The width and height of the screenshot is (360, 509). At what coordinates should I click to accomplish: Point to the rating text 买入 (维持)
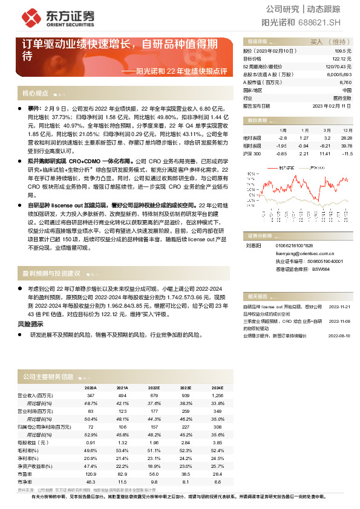click(x=327, y=42)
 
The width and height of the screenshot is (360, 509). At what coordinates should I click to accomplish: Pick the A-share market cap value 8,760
click(x=345, y=82)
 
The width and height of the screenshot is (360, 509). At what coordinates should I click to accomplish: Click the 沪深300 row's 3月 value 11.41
click(x=325, y=154)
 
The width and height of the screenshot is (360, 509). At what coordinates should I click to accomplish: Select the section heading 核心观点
click(x=35, y=94)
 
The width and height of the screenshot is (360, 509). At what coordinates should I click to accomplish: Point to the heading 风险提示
click(x=30, y=324)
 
